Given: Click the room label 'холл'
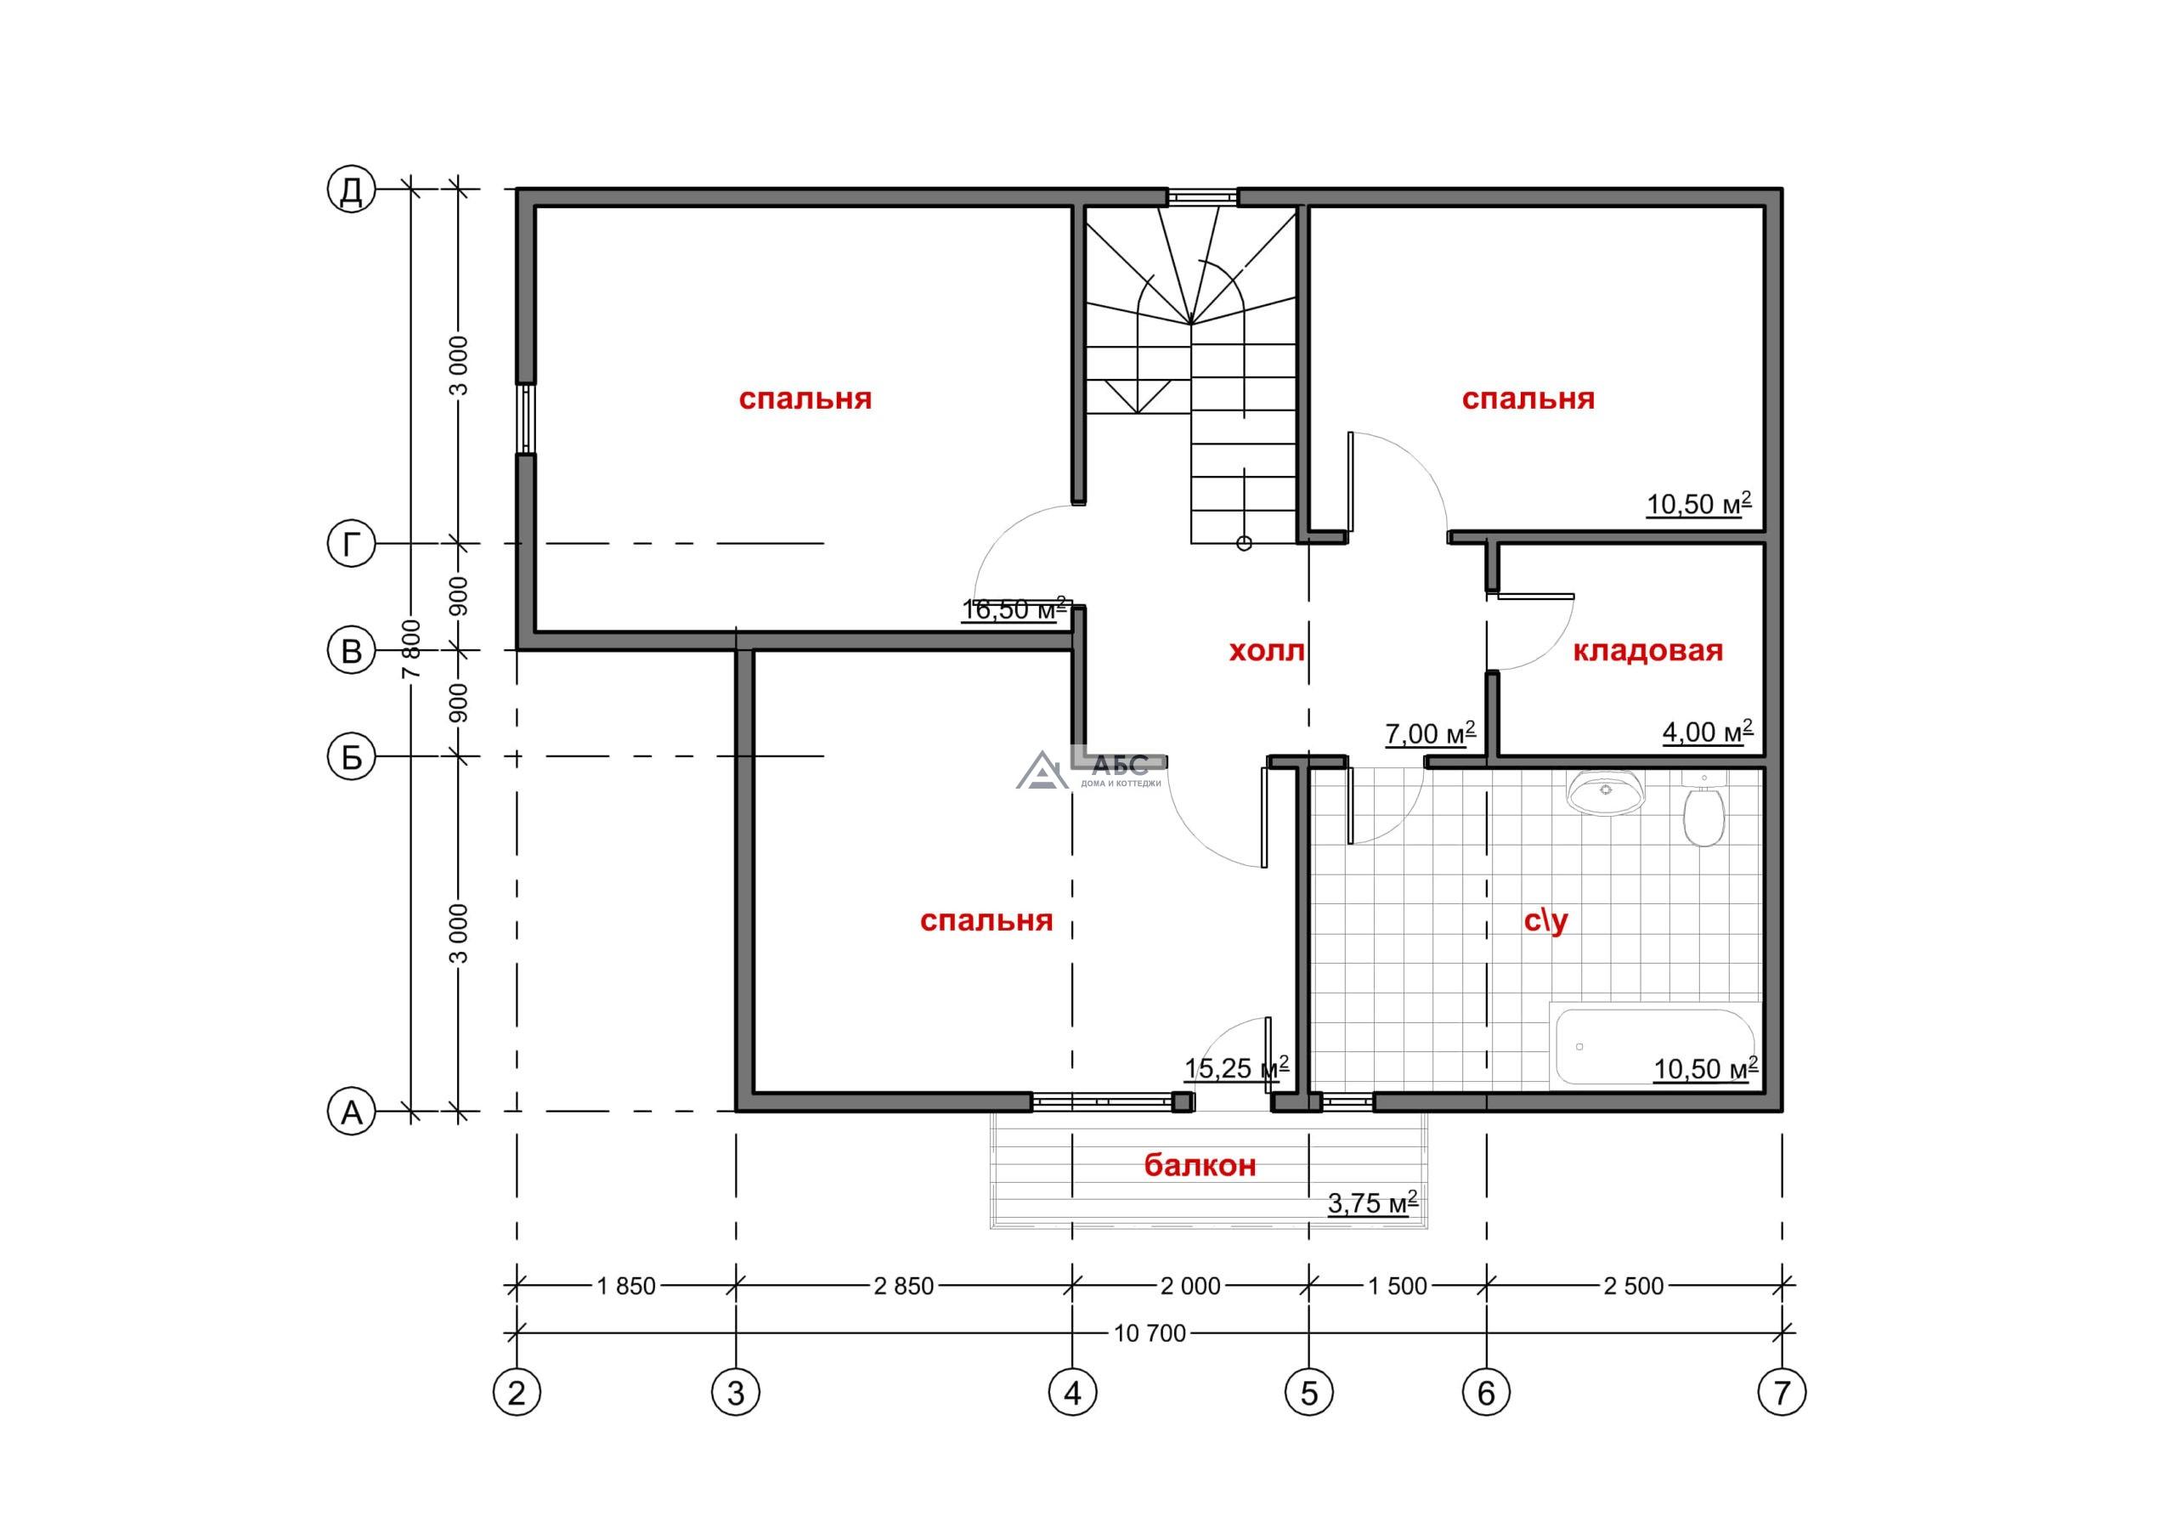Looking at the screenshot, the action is (1267, 651).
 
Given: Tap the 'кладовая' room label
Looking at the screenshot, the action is (1647, 651).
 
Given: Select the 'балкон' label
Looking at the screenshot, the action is (1200, 1165).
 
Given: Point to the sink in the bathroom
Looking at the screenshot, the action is (1607, 792).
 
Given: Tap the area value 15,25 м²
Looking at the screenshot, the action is (1236, 1068).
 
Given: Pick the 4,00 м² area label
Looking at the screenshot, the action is (1708, 732).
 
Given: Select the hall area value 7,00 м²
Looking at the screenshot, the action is (1431, 733).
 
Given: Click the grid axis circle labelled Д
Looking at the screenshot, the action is (352, 190).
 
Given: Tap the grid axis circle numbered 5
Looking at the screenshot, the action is (1309, 1392).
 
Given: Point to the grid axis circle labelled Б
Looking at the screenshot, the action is (352, 757).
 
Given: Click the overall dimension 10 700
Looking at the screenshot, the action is (1150, 1333).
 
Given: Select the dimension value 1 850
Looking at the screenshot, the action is (626, 1286).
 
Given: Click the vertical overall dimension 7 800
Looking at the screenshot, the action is (410, 649).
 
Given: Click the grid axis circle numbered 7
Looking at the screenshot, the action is (1782, 1392).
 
